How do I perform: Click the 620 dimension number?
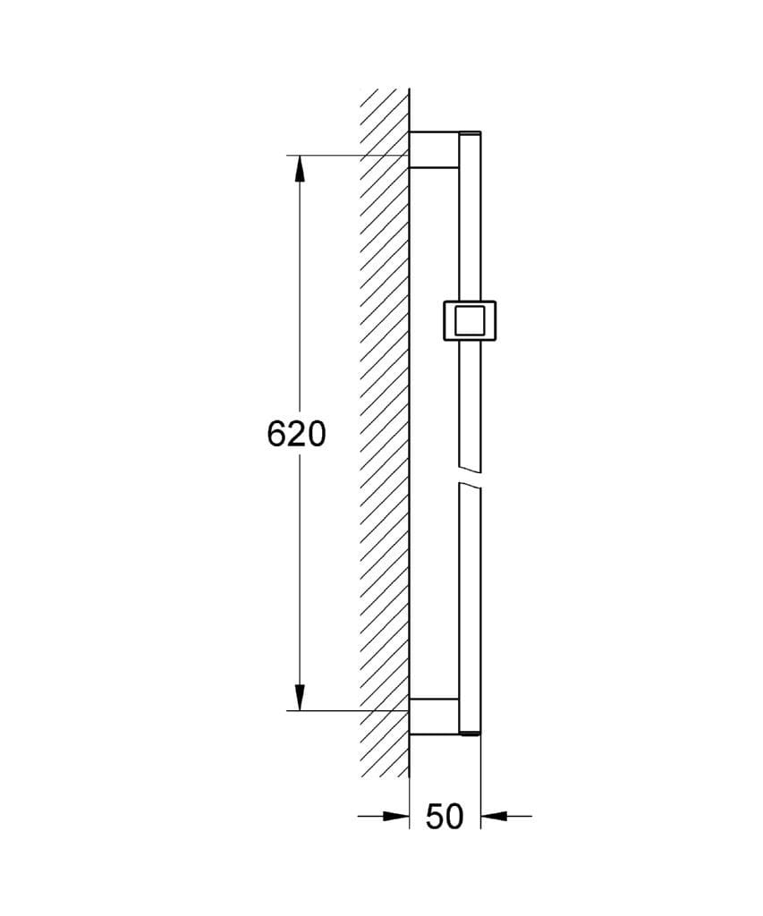296,434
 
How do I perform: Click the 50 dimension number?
445,816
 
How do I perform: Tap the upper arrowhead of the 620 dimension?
299,168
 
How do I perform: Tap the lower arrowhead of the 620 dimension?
299,698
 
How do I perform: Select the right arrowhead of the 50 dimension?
493,816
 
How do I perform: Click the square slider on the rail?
470,320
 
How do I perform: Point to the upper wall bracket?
434,149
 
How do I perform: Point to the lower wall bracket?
434,717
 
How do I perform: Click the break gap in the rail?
470,477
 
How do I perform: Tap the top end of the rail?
470,135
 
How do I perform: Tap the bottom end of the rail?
470,734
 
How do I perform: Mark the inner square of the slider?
470,320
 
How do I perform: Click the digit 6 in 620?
277,434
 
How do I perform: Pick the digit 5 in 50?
434,816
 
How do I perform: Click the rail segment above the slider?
470,224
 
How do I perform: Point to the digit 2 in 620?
296,434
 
